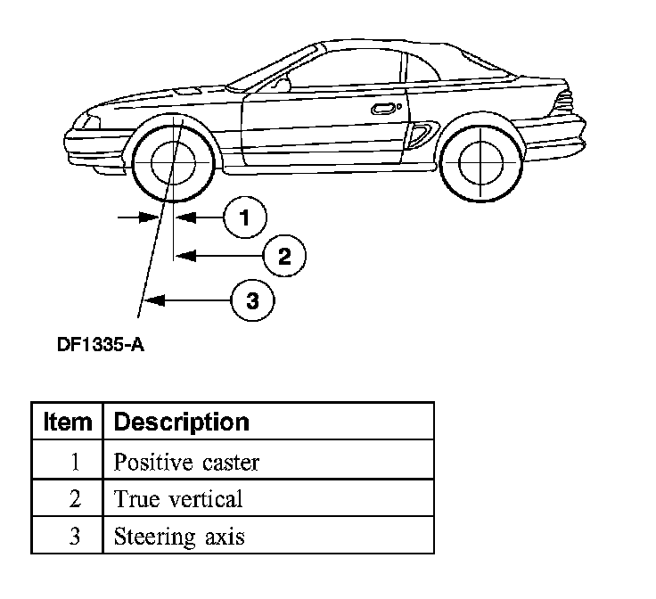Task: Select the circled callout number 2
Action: tap(284, 257)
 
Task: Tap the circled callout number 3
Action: tap(252, 300)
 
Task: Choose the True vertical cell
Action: tap(177, 499)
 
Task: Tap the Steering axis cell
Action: tap(179, 537)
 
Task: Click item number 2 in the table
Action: tap(75, 499)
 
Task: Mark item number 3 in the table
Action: tap(75, 537)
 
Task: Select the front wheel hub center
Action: tap(172, 163)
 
